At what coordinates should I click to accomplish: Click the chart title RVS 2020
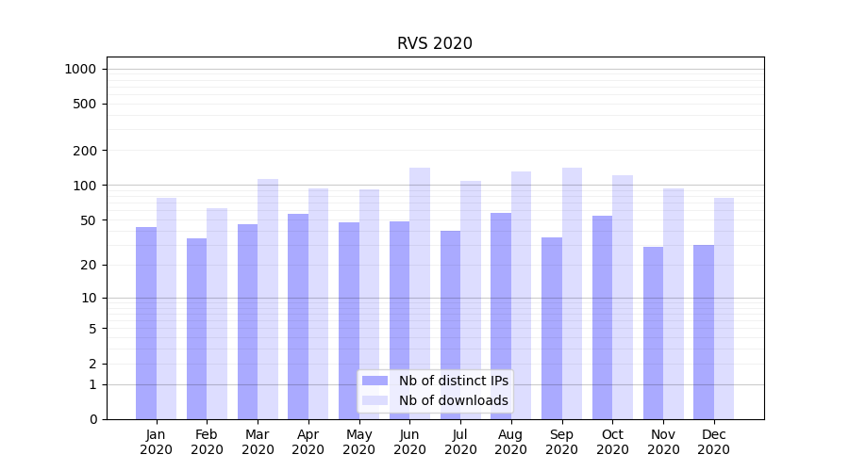tap(434, 43)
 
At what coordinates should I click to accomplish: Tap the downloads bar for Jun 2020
tap(420, 293)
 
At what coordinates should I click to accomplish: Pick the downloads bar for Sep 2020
tap(572, 293)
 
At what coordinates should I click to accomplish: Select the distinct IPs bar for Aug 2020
tap(501, 316)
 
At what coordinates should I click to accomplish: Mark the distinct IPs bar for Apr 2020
tap(298, 317)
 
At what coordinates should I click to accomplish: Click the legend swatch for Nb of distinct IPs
tap(375, 381)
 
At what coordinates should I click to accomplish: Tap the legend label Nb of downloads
tap(453, 400)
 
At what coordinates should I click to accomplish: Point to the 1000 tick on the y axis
tap(80, 69)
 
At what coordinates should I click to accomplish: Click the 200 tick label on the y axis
tap(85, 151)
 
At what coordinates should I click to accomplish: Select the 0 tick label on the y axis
tap(92, 419)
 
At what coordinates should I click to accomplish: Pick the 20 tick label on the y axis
tap(89, 265)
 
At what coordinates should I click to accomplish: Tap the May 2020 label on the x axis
tap(358, 442)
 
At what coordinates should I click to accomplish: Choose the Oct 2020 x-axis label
tap(612, 442)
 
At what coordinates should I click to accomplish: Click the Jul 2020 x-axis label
tap(460, 442)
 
